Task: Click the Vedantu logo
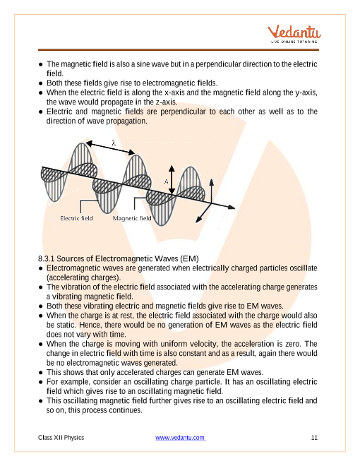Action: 294,34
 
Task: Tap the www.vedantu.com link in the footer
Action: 180,438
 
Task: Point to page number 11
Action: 314,438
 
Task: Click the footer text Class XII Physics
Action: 61,438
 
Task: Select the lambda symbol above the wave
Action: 114,143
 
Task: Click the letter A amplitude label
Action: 167,181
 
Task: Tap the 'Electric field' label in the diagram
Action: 76,218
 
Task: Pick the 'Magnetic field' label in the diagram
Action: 132,218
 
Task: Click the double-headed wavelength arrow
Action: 110,148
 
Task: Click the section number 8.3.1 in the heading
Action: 47,258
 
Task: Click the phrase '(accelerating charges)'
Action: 83,277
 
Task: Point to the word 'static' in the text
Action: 66,325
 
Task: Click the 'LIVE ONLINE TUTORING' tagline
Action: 294,42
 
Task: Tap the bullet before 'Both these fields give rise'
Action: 41,83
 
